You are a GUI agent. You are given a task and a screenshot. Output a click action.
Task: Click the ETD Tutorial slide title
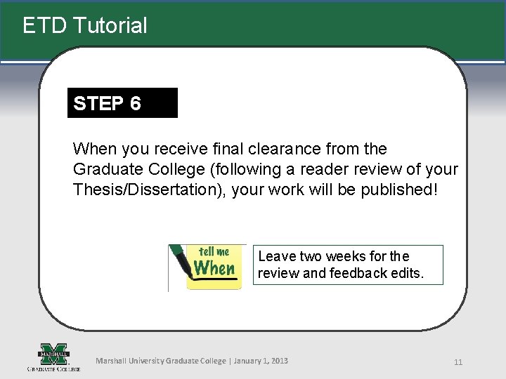85,26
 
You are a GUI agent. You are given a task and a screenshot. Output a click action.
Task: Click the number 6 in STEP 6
135,104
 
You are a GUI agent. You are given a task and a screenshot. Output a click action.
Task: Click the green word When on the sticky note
214,268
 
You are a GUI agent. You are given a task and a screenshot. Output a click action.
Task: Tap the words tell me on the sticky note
214,251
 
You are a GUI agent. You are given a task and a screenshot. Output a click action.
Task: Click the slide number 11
458,362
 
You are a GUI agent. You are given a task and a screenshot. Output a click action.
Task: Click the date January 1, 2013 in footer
261,361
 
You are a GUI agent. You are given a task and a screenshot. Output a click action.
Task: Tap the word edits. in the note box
407,273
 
